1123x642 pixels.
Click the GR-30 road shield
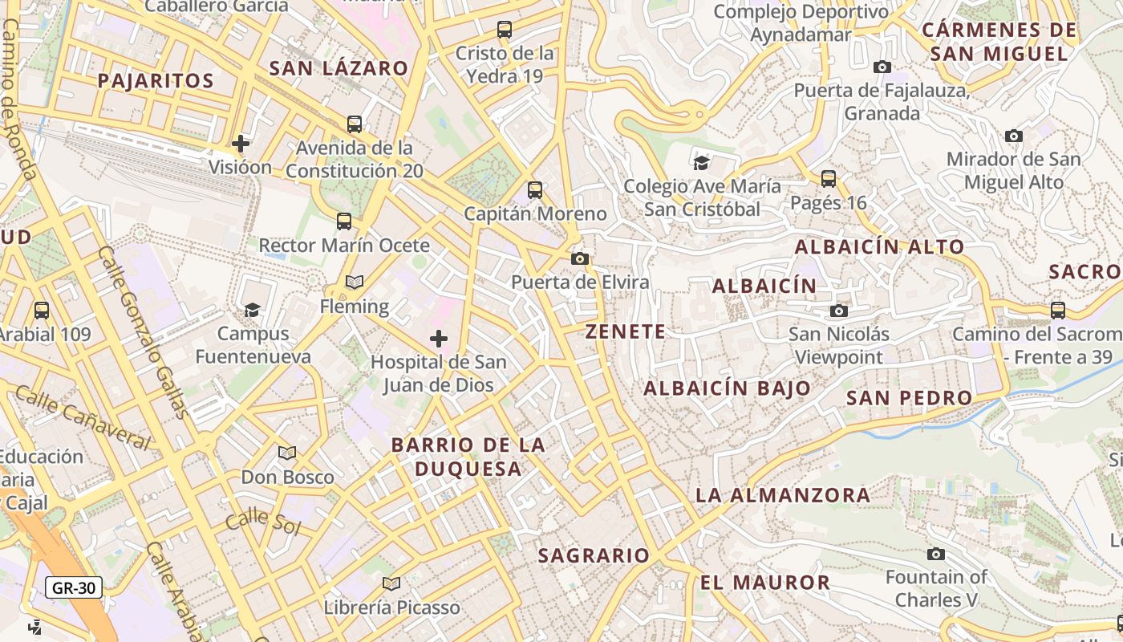click(73, 587)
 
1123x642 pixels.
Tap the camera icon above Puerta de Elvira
click(580, 258)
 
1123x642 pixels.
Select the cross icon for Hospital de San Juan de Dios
click(439, 339)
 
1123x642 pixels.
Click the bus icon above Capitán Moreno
click(535, 190)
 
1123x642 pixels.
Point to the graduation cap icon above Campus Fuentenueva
click(253, 310)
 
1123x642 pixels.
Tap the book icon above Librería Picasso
click(391, 583)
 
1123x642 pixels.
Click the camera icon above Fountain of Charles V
click(935, 554)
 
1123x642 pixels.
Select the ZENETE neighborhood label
click(626, 331)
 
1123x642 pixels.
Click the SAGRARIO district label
click(594, 555)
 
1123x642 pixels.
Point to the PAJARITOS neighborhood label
click(156, 80)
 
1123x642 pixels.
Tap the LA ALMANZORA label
click(783, 495)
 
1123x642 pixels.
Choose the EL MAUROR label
click(765, 583)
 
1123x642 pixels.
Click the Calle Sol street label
click(262, 522)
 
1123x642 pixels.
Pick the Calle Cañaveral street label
click(83, 417)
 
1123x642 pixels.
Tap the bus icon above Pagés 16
click(829, 179)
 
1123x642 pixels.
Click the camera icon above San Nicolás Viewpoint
click(839, 311)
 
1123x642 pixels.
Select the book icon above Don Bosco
click(287, 453)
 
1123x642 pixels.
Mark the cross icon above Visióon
click(240, 144)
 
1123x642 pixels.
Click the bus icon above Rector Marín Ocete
click(344, 221)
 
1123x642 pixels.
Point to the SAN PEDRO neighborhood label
click(909, 397)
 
